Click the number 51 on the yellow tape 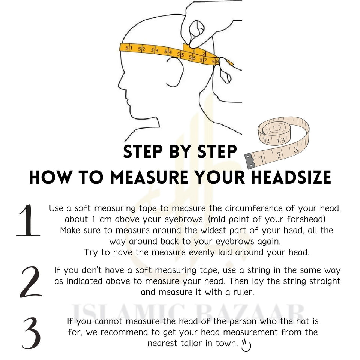tap(128, 48)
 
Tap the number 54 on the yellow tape tap(168, 52)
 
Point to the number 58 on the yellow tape tap(215, 61)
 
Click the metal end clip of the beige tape tap(249, 160)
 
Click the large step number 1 tap(28, 220)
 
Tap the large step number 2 tap(30, 282)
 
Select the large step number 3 tap(31, 333)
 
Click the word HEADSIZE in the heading tap(291, 177)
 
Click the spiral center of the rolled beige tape tap(274, 129)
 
